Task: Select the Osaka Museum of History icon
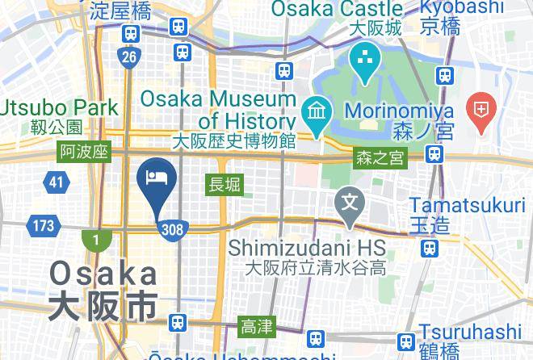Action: coord(313,109)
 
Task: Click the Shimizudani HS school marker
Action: coord(350,199)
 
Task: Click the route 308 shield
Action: coord(173,229)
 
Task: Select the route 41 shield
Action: coord(56,182)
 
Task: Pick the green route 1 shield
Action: coord(96,240)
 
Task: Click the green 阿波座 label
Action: coord(84,152)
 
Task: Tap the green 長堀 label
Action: coord(225,184)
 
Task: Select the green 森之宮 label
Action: coord(380,158)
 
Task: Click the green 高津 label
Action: coord(257,327)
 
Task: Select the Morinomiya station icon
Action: coord(434,153)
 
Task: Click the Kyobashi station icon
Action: coord(443,75)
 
